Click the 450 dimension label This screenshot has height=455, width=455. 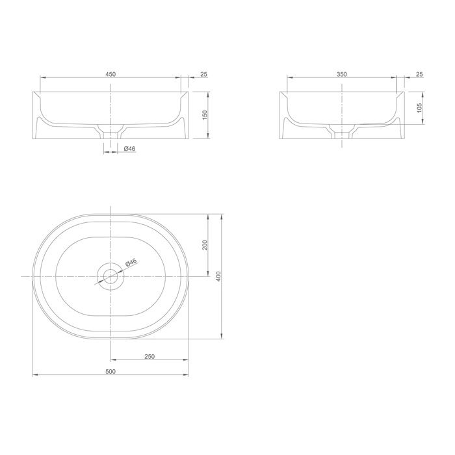pyautogui.click(x=110, y=74)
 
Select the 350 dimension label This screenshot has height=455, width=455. pyautogui.click(x=342, y=74)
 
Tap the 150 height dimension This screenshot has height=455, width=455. pyautogui.click(x=205, y=115)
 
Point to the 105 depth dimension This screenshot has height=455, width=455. pyautogui.click(x=419, y=108)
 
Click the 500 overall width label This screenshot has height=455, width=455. pyautogui.click(x=110, y=371)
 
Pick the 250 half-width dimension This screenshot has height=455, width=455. pyautogui.click(x=149, y=356)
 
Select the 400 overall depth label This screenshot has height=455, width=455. pyautogui.click(x=218, y=276)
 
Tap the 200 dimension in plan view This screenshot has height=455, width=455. pyautogui.click(x=205, y=245)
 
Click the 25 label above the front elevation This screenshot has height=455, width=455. pyautogui.click(x=204, y=74)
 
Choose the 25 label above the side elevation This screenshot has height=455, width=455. pyautogui.click(x=419, y=74)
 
